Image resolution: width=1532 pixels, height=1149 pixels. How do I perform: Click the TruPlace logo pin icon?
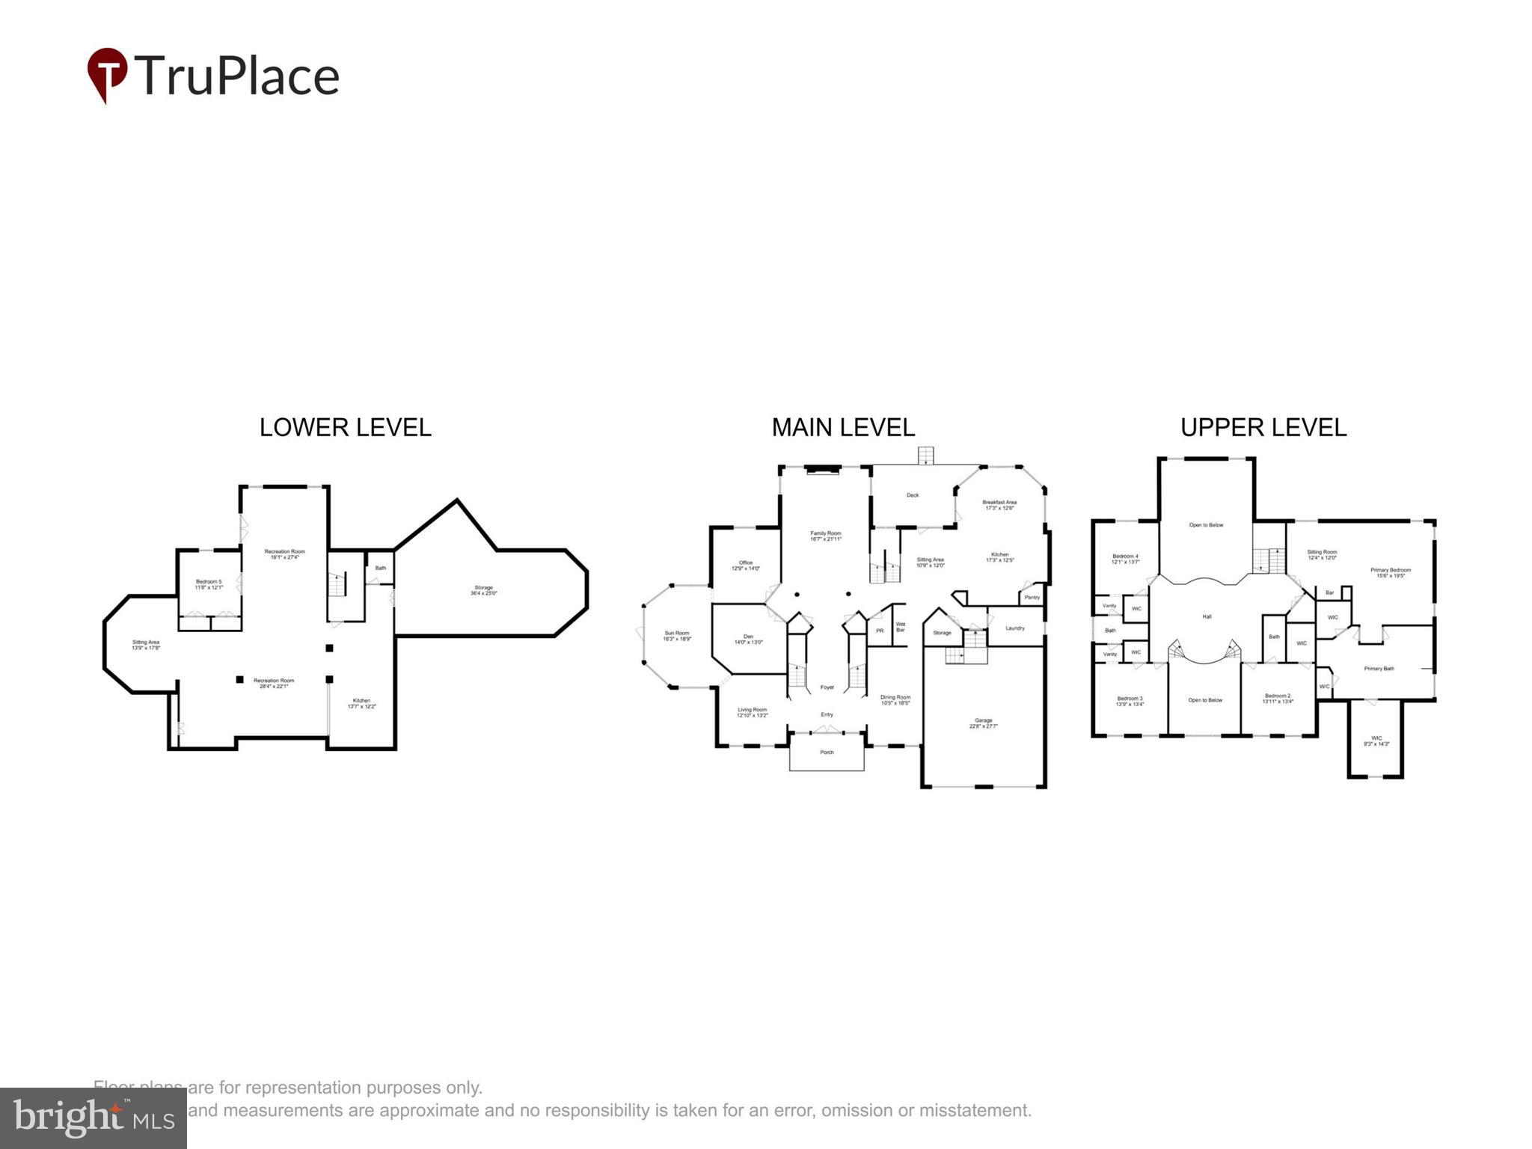tap(107, 73)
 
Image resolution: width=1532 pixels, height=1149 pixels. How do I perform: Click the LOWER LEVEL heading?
tap(345, 427)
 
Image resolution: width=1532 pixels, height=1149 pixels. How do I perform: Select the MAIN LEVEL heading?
tap(843, 427)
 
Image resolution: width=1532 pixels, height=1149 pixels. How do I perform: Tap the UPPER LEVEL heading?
tap(1263, 427)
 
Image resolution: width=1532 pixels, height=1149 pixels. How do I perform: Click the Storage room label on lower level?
tap(483, 590)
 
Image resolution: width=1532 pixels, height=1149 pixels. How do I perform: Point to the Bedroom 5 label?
tap(209, 584)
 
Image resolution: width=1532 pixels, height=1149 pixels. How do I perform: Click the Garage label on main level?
tap(983, 723)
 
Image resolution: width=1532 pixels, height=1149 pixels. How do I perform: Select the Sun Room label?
tap(676, 636)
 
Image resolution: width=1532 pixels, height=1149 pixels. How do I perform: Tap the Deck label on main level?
tap(912, 495)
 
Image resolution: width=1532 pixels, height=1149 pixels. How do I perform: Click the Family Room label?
tap(826, 536)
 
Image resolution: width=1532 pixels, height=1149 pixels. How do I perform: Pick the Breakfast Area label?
tap(999, 505)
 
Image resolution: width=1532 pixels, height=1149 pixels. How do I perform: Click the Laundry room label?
tap(1014, 628)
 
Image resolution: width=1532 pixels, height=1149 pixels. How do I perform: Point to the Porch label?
tap(827, 752)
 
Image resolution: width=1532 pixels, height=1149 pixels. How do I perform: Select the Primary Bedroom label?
tap(1390, 572)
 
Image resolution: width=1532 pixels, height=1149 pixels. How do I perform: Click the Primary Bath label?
tap(1379, 668)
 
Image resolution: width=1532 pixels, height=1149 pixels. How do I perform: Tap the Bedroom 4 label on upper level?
tap(1125, 558)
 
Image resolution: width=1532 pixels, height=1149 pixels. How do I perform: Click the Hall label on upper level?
tap(1207, 616)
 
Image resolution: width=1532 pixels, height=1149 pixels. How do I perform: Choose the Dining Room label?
tap(895, 699)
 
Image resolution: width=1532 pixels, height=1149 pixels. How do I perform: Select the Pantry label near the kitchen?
tap(1032, 597)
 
